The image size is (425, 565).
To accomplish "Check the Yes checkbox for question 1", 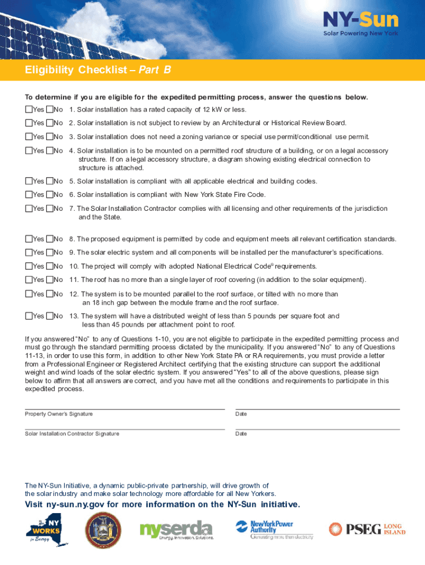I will [29, 109].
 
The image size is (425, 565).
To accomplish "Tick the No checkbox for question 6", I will [50, 194].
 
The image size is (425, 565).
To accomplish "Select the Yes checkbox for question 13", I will [29, 316].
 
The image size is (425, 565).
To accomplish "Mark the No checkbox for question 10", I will [50, 266].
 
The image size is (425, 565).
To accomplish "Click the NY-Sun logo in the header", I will [360, 24].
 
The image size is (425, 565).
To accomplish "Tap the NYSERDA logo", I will [176, 530].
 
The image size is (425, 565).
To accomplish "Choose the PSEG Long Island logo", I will [367, 529].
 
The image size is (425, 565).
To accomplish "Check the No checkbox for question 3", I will [50, 136].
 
